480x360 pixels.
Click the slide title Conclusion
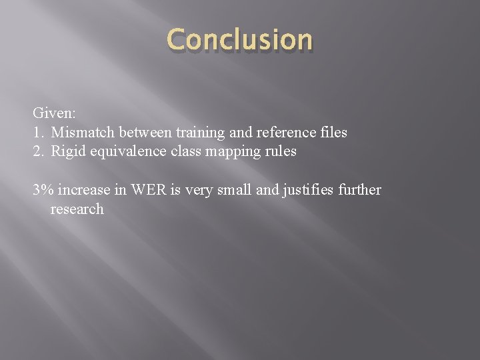tap(239, 40)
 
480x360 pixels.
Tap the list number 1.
tap(38, 133)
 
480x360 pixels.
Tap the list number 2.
tap(38, 151)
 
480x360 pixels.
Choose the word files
tap(333, 133)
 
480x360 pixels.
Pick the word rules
tap(280, 151)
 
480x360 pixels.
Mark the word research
tap(77, 209)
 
